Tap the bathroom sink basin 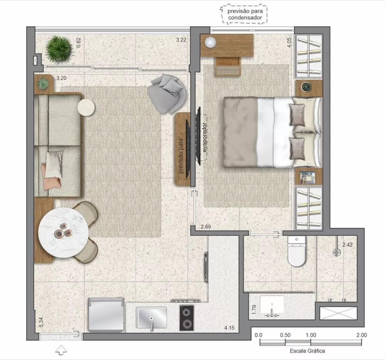(272, 304)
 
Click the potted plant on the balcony (59, 49)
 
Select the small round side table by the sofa (86, 107)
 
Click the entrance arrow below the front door (61, 350)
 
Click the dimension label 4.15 (230, 328)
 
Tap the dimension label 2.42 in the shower (347, 244)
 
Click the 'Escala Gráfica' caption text (307, 351)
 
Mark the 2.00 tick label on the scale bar (361, 335)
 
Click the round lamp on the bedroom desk (211, 42)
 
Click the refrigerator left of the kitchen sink (106, 315)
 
